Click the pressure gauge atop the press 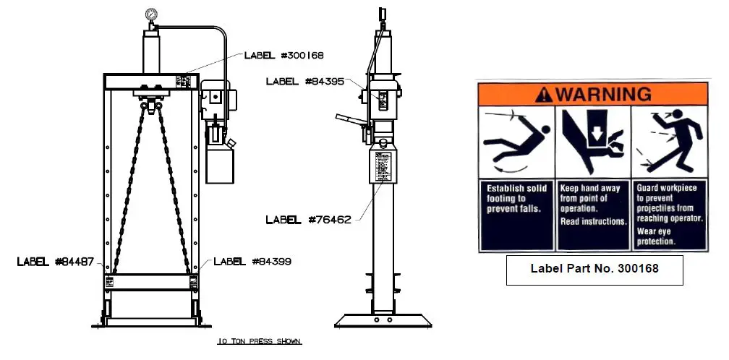point(152,14)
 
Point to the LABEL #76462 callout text point(308,219)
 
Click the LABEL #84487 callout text point(55,262)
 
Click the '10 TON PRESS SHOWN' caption point(260,340)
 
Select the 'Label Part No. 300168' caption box point(592,268)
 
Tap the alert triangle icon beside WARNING point(542,94)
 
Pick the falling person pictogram point(514,142)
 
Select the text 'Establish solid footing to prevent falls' point(514,199)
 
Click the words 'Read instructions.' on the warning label point(592,221)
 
